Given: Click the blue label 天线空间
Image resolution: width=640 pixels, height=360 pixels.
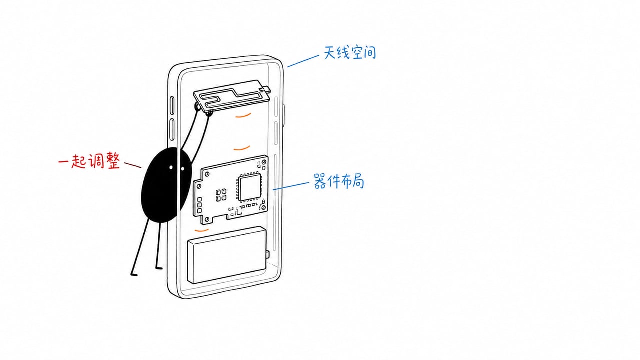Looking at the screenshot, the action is (x=350, y=53).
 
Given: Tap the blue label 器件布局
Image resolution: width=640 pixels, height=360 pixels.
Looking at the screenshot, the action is (x=339, y=181).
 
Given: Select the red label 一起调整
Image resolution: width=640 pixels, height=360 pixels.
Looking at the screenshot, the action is (x=89, y=161).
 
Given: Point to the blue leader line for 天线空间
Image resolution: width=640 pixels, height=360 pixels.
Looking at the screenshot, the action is (x=303, y=61).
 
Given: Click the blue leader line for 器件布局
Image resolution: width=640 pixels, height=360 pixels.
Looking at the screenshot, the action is (x=291, y=186).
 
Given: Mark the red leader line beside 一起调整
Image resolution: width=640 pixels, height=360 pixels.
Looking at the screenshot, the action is (x=132, y=165).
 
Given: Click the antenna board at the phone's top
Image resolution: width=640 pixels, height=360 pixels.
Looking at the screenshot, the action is (x=232, y=95).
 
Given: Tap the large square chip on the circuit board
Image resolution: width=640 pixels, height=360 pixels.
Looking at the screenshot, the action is (x=250, y=187).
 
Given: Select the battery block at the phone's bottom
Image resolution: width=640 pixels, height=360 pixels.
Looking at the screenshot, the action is (x=227, y=255).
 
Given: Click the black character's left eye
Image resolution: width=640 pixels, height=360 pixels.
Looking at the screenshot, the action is (x=171, y=167).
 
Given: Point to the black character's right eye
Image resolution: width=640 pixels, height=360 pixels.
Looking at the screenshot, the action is (x=183, y=169).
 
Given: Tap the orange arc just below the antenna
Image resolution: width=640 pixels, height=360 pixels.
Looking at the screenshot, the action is (x=243, y=115).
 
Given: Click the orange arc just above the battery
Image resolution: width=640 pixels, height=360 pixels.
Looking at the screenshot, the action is (x=201, y=230).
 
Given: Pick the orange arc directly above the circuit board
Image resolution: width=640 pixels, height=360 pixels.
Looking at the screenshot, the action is (x=242, y=148).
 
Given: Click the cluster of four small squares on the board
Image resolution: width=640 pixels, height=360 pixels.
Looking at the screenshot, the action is (x=221, y=195).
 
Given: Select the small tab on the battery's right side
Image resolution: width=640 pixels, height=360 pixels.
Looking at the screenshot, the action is (x=267, y=254).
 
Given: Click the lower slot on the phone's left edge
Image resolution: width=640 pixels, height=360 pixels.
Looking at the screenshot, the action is (x=172, y=129).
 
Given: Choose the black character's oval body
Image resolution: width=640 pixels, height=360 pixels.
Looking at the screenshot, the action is (x=165, y=185).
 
